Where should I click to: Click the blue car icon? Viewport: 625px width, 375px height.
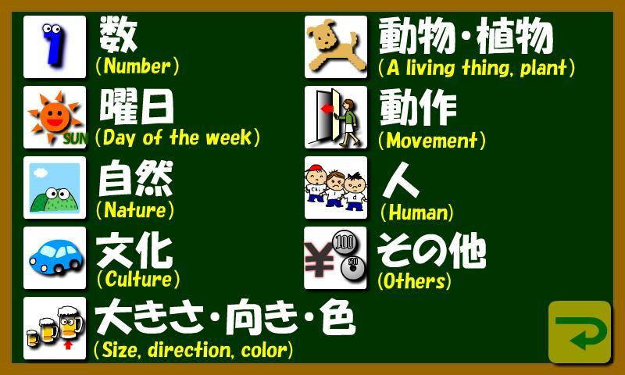point(55,258)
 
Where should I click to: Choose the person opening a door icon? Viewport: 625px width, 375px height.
point(336,117)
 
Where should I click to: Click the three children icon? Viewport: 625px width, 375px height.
point(336,187)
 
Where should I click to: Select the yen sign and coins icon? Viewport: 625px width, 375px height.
point(336,258)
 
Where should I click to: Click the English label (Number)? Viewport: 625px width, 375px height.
point(137,66)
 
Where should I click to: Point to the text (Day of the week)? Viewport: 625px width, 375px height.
point(177,137)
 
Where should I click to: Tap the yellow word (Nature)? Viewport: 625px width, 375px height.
point(135,210)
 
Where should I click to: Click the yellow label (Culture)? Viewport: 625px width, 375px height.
point(138,279)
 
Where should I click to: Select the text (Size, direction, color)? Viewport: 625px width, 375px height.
point(193,350)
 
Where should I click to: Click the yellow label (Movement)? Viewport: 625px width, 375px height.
point(432,141)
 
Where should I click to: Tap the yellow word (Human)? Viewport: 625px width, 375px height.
point(416,212)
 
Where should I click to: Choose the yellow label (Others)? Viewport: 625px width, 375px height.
point(414,281)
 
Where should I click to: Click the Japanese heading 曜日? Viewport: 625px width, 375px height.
point(136,106)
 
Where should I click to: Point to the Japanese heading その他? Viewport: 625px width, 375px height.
point(432,251)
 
